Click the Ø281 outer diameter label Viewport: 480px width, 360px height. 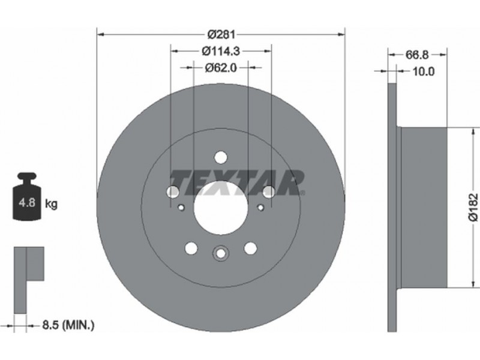coord(221,34)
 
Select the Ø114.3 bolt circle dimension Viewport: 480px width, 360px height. coord(221,51)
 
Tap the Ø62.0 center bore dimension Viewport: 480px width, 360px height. coord(221,67)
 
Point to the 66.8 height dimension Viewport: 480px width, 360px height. coord(416,55)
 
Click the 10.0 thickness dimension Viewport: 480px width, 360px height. coord(424,71)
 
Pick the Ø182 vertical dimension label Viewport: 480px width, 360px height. coord(473,206)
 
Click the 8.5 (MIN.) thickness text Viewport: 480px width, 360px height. coord(68,325)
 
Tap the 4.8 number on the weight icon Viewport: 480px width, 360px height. coord(27,202)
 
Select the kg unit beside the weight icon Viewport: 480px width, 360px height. coord(51,203)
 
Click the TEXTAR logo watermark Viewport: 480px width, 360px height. coord(237,183)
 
